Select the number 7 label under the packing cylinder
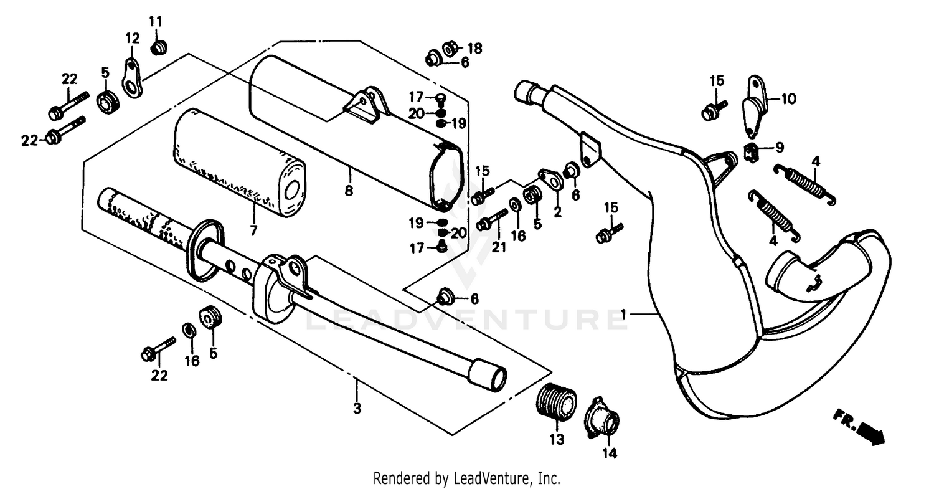(x=253, y=230)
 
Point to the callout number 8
(x=349, y=191)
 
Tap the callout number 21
(x=498, y=249)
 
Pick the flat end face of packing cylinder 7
(x=292, y=190)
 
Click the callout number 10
(x=788, y=98)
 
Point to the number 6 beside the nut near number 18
(x=465, y=62)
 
